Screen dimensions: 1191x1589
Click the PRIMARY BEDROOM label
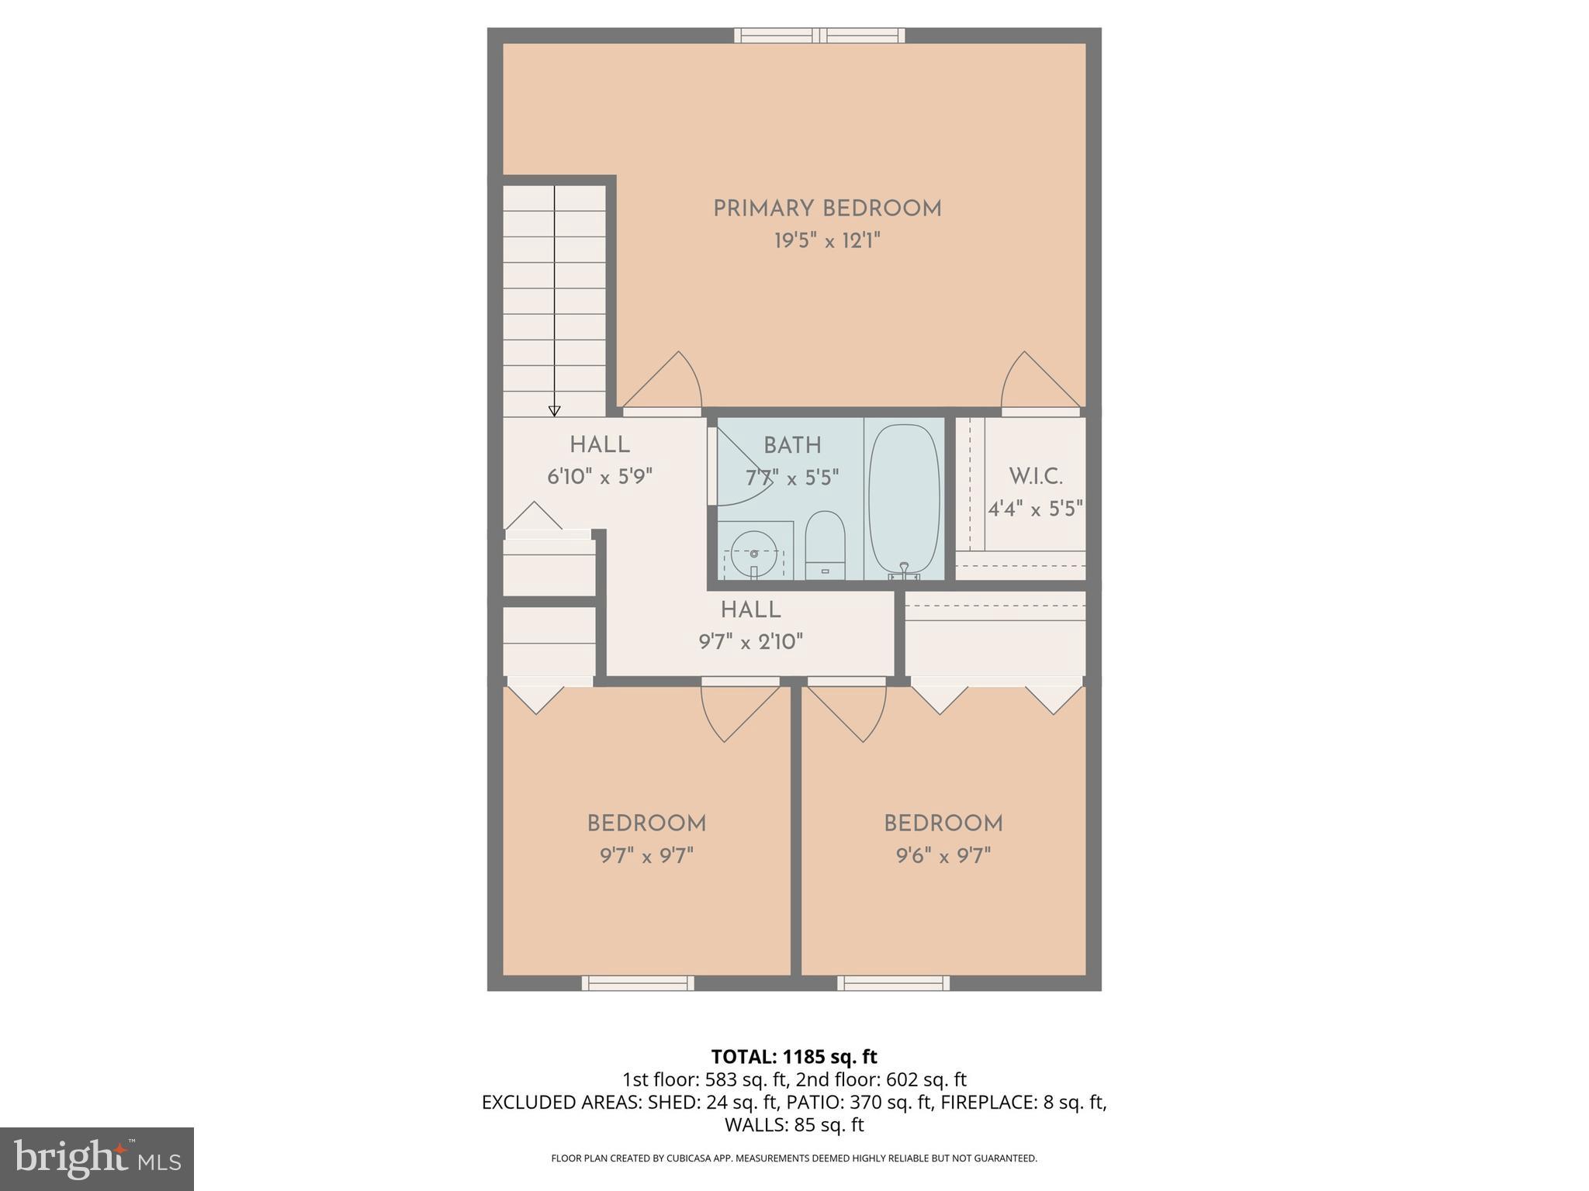click(827, 209)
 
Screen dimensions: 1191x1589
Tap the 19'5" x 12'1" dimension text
click(827, 241)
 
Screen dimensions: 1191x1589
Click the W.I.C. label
click(1035, 476)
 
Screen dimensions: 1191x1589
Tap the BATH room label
click(792, 446)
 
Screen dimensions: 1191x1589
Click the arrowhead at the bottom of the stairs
click(554, 411)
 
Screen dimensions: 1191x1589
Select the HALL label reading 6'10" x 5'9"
click(599, 445)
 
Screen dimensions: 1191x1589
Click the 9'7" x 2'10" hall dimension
click(750, 642)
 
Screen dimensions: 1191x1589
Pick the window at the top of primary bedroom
click(820, 35)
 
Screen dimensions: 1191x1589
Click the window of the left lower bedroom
click(638, 983)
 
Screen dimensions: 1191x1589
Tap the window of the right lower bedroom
click(893, 983)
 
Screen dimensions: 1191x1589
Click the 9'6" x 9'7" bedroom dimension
click(943, 856)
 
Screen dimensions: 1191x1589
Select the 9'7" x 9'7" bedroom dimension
click(646, 856)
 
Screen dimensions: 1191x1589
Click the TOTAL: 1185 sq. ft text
click(794, 1057)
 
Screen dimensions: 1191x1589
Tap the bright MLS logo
click(96, 1158)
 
